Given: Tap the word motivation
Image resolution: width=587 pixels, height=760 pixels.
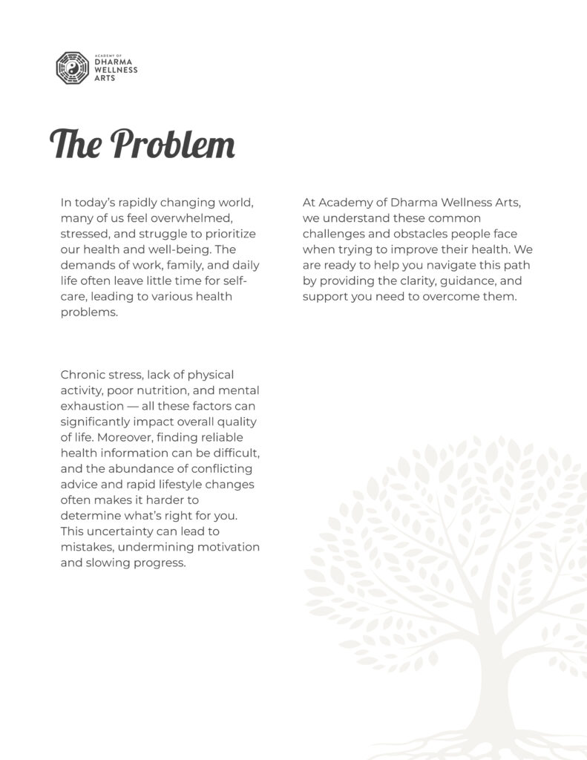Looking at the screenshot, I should pyautogui.click(x=224, y=547).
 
